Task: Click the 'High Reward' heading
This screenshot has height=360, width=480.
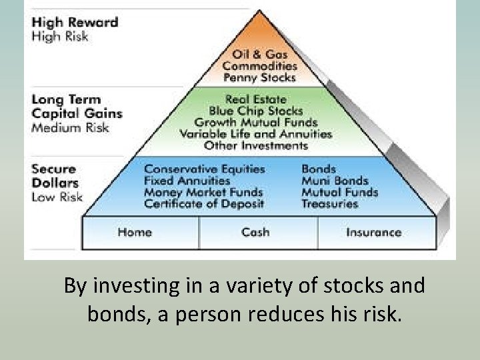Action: tap(75, 22)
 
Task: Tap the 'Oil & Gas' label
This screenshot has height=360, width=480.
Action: tap(259, 54)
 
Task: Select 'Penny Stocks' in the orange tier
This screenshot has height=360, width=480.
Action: tap(259, 78)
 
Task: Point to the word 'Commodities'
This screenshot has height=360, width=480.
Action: tap(259, 66)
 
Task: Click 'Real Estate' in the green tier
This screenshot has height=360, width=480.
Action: tap(256, 99)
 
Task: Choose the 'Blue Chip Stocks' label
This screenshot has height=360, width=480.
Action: tap(256, 111)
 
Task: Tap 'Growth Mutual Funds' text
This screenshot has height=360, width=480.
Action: tap(256, 122)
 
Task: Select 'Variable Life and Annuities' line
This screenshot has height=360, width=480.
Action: tap(256, 133)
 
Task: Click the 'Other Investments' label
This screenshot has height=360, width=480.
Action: tap(256, 145)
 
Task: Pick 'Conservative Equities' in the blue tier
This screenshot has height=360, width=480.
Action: tap(205, 169)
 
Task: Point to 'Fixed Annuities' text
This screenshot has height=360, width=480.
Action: tap(187, 181)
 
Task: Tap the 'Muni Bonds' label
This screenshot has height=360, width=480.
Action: tap(335, 181)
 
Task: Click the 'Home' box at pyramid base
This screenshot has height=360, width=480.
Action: tap(135, 232)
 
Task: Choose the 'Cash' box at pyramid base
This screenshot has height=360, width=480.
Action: tap(255, 232)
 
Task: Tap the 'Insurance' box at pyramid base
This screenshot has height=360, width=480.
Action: tap(373, 232)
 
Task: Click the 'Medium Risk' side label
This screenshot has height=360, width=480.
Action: tap(70, 127)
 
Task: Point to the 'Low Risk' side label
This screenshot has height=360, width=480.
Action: tap(57, 197)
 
